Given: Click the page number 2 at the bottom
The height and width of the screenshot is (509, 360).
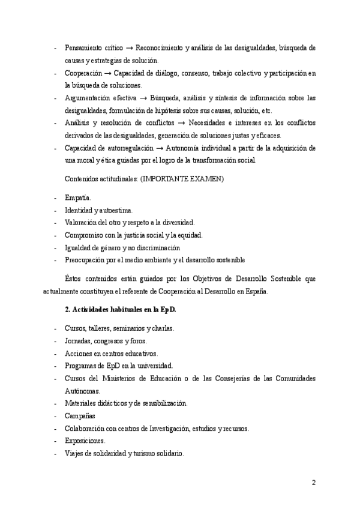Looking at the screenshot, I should tap(313, 482).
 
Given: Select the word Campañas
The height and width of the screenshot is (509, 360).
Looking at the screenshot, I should tap(80, 415).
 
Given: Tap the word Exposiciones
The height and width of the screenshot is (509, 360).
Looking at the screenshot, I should tap(85, 441).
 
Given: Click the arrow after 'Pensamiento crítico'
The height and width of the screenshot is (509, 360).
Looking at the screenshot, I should tap(129, 47).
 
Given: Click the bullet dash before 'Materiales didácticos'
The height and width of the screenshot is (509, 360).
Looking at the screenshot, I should tap(55, 403).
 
